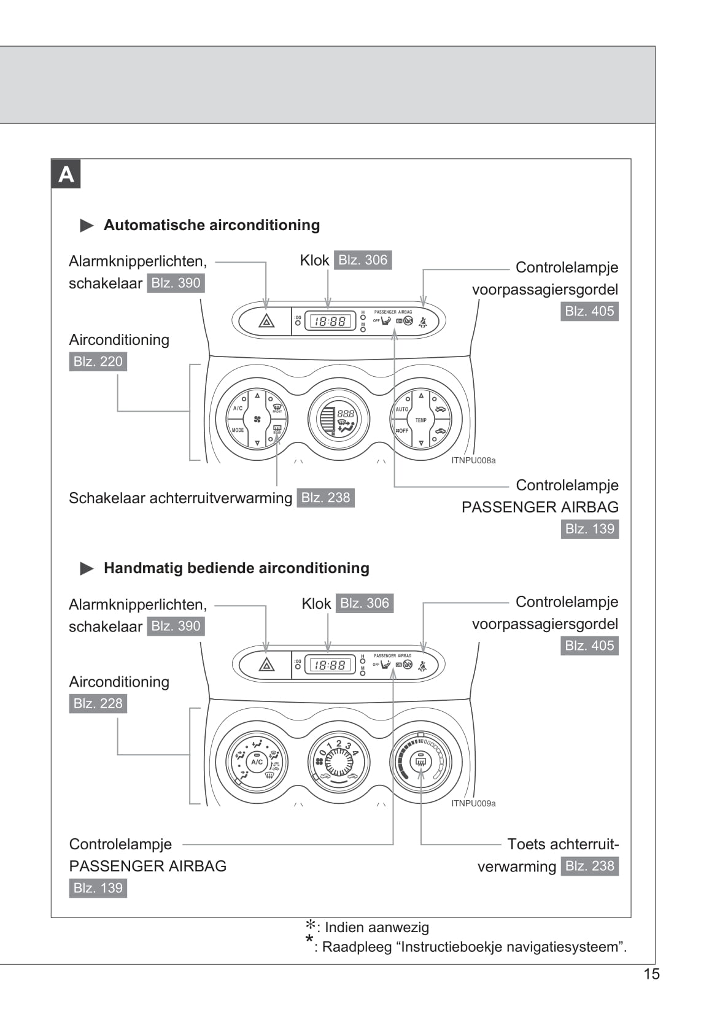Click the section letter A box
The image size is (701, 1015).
[66, 174]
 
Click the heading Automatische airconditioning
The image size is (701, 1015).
[212, 225]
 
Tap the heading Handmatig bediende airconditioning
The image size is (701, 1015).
[236, 568]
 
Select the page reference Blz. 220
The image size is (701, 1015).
[98, 361]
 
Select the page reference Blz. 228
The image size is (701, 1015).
[98, 703]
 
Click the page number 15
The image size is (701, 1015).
[651, 974]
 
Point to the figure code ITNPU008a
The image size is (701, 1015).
[473, 460]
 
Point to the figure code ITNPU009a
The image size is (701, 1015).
[473, 803]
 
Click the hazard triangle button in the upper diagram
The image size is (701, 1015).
[266, 321]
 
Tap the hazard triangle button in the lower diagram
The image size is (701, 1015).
[266, 665]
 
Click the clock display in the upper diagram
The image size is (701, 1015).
[330, 321]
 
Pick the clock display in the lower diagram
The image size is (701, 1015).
[330, 665]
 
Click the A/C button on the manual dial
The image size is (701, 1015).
[257, 762]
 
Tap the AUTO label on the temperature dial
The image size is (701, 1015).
[402, 409]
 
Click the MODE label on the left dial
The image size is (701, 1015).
[238, 430]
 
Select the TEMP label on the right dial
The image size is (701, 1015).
[421, 420]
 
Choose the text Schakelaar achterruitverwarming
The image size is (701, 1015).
[180, 498]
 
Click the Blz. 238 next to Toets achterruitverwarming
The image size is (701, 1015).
[589, 866]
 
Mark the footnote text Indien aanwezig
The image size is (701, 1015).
[377, 927]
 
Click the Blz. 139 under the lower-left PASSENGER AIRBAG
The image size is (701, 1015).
[98, 888]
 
